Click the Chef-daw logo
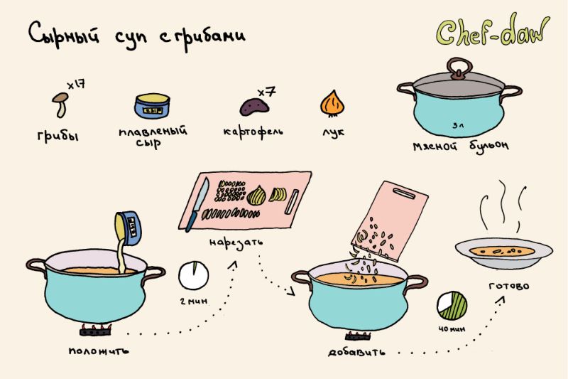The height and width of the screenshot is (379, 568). coord(493,31)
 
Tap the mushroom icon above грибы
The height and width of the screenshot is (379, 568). coord(60,105)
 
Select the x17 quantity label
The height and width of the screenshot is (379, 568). coord(76,85)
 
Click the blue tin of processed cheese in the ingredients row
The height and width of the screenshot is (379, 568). coord(152,106)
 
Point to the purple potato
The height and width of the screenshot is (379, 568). coord(254,106)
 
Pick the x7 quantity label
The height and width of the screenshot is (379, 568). coord(267,92)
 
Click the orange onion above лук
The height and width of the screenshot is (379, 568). coord(332,103)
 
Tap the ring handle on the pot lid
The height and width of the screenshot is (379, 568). coord(459,68)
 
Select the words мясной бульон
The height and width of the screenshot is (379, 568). coord(461,146)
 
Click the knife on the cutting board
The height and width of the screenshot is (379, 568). coord(197,204)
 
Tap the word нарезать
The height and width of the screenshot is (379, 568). coord(236,242)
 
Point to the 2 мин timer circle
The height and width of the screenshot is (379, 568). coord(194,275)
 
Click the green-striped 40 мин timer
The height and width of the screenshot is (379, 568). coord(452,306)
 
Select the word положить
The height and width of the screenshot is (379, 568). coord(99,351)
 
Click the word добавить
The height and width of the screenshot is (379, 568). coord(357,352)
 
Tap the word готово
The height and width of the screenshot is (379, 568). coord(508,286)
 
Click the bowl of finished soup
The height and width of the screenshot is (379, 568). coord(504,253)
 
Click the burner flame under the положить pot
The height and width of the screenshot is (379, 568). coord(96,330)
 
